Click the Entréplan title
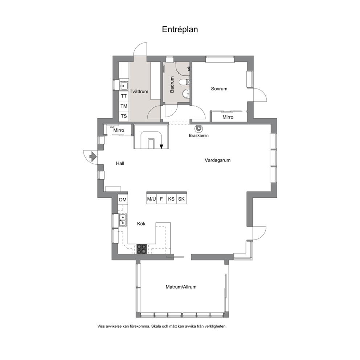coord(180,29)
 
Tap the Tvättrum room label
coord(139,91)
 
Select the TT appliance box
coord(124,96)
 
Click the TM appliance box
coord(124,106)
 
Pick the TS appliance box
coord(124,116)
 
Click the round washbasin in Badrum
coord(187,93)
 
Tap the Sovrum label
coord(219,89)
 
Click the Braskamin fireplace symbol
coord(198,128)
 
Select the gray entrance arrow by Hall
coord(93,157)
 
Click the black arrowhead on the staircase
coord(161,146)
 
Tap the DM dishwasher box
coord(123,200)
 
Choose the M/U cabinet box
coord(152,199)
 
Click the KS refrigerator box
coord(171,199)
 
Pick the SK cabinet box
coord(181,199)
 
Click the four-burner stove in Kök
coord(142,249)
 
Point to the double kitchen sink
coord(123,220)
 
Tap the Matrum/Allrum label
coord(181,287)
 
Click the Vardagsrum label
coord(217,160)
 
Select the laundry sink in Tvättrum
coord(123,86)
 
